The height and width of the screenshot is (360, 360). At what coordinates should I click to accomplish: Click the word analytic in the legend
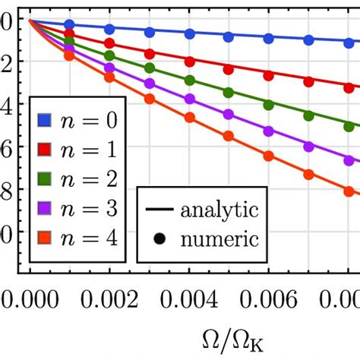[219, 208]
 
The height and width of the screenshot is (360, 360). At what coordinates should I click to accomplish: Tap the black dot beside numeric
[159, 240]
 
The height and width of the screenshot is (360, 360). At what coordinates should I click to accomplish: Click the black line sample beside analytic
[159, 208]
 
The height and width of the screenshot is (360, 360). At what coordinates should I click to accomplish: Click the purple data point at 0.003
[150, 84]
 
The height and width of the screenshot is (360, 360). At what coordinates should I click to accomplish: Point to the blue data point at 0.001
[70, 25]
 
